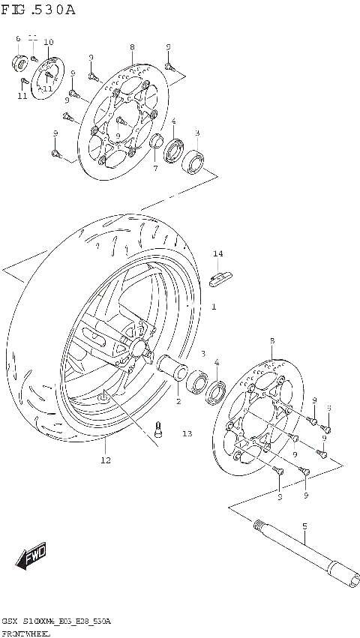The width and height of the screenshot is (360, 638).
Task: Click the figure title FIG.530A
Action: point(39,10)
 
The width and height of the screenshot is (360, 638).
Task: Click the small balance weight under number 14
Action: point(219,280)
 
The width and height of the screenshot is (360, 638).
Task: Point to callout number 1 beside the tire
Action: point(214,307)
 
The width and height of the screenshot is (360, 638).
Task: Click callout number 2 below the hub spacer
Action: point(178,402)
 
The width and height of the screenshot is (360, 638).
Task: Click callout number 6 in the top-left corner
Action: point(18,38)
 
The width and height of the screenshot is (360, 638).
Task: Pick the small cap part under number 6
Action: point(19,61)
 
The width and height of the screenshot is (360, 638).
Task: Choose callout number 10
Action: point(49,42)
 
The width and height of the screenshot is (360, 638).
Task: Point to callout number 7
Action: point(155,168)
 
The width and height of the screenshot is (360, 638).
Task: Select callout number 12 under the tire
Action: point(106,460)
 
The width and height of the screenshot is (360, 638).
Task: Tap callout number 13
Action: point(186,434)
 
